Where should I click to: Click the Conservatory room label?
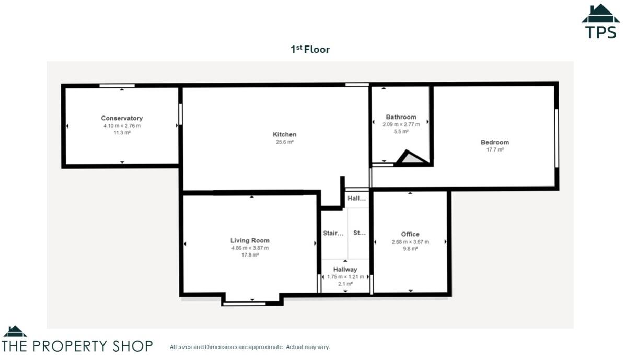[122, 118]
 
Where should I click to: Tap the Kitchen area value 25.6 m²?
[284, 142]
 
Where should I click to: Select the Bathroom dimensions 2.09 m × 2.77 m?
[401, 124]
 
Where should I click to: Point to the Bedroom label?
[494, 142]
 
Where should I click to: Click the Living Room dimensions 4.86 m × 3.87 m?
[250, 248]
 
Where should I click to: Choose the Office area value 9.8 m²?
[410, 249]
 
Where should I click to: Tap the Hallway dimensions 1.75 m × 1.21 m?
[345, 277]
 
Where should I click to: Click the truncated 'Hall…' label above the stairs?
[357, 199]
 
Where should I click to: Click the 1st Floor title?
[310, 50]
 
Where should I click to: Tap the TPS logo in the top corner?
[601, 22]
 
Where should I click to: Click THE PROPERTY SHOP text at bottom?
[77, 346]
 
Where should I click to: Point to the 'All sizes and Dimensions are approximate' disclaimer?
[250, 347]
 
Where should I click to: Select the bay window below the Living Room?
[252, 302]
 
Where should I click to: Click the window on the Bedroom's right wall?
[557, 138]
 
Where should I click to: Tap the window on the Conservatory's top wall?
[117, 86]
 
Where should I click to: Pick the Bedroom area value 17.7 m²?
[494, 149]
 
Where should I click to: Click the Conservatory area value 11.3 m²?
[122, 133]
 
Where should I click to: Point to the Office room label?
[410, 234]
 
